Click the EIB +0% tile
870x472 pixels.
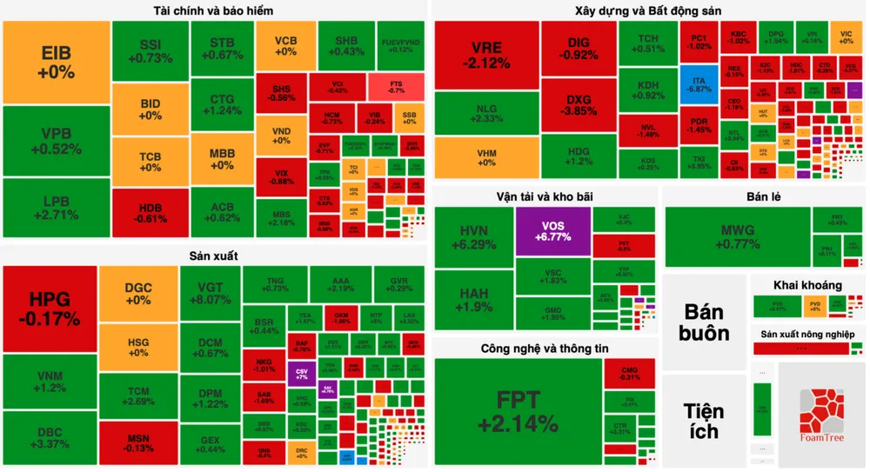57,63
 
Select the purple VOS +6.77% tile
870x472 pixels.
552,231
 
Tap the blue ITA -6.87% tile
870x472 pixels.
699,84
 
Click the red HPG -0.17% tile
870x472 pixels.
50,309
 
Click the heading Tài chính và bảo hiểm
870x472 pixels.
213,11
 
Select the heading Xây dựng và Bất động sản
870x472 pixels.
648,11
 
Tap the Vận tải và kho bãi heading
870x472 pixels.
545,196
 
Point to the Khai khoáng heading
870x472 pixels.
807,285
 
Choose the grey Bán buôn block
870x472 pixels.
705,322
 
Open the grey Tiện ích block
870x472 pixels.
705,420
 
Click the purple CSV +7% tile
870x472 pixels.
300,374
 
